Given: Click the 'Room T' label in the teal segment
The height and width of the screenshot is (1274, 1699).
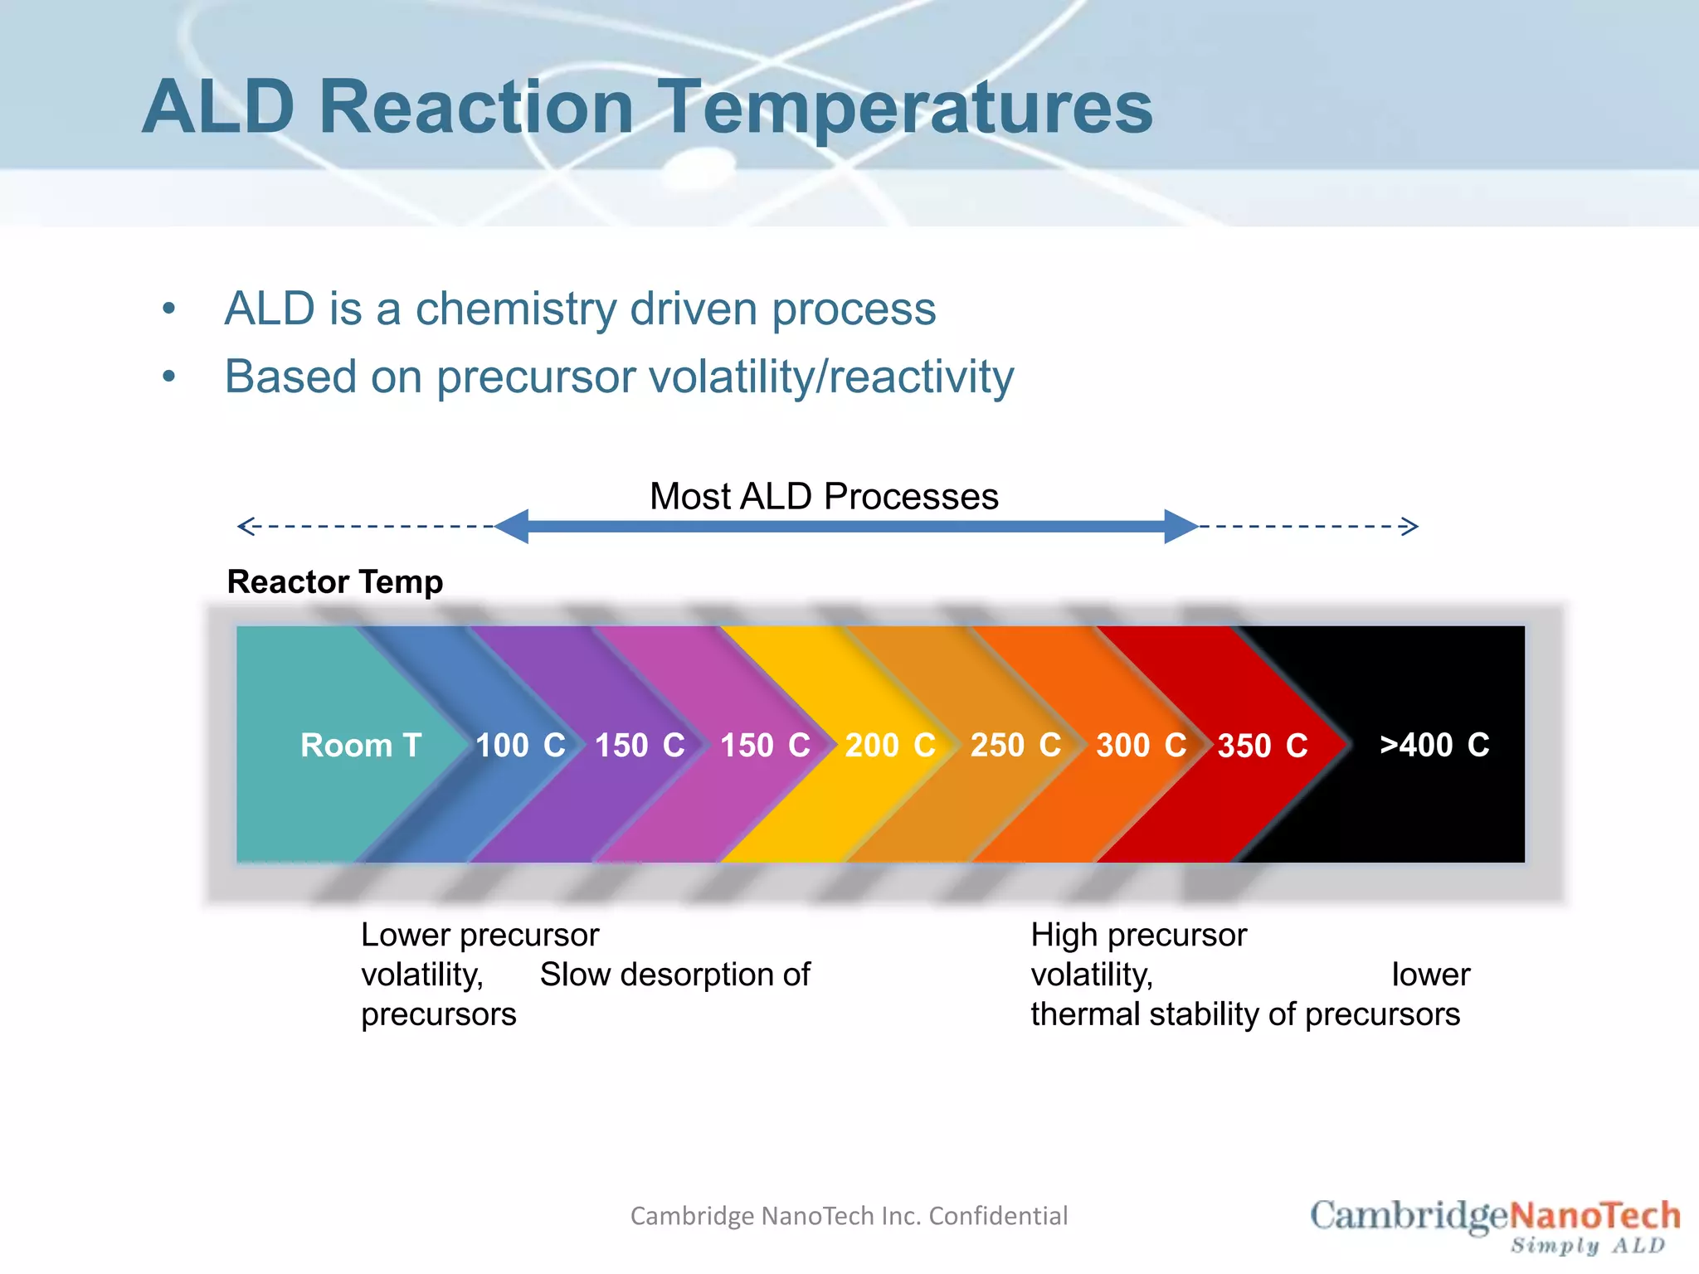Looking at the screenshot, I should pos(361,745).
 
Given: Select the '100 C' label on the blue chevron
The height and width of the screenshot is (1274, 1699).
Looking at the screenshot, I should pos(520,745).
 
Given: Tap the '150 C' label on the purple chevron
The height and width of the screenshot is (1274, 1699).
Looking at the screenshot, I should pos(640,745).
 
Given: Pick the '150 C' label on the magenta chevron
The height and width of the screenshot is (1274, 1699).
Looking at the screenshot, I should pos(765,745).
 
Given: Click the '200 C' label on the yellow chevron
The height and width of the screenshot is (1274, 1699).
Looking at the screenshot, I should pos(890,745).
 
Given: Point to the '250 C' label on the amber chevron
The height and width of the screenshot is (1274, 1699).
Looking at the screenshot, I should pos(1015,745).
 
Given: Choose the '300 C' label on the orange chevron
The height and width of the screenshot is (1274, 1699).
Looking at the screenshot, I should pos(1141,745).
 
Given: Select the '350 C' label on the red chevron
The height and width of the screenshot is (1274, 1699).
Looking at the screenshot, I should pos(1262,746).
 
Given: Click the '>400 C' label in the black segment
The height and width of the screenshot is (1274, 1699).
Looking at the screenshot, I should pos(1434,745).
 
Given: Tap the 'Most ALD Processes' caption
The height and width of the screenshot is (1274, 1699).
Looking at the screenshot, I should pos(824,496).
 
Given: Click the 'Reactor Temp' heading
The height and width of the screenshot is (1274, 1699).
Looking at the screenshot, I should pos(335,581).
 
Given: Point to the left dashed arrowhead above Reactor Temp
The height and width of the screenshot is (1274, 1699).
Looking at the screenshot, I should pos(244,526).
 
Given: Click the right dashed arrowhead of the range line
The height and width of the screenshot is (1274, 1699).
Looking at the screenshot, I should pos(1411,526).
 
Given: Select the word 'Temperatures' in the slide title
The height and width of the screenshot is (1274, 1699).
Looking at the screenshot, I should pos(906,108).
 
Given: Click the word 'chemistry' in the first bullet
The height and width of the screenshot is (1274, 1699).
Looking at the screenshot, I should pos(516,309).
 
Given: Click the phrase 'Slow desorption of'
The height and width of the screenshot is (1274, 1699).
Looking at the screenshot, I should pos(674,975).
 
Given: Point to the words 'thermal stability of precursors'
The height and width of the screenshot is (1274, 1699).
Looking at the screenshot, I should pos(1245,1014).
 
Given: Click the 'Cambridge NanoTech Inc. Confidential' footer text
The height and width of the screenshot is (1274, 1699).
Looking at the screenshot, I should pos(849,1216).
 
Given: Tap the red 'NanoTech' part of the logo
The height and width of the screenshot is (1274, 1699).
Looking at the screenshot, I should pos(1594,1217).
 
